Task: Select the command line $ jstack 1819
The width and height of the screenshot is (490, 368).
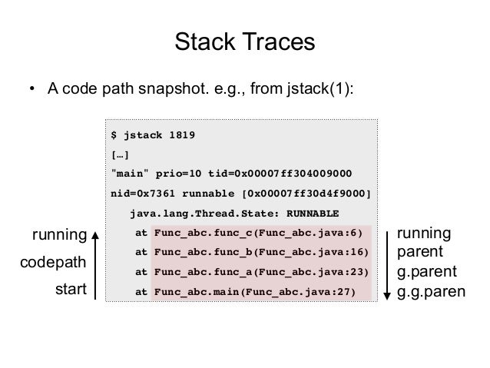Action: (x=154, y=136)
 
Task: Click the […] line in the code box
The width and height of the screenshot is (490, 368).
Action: (x=120, y=154)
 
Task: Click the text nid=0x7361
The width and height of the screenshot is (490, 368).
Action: (x=144, y=192)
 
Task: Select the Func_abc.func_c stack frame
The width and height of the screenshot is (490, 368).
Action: (x=260, y=233)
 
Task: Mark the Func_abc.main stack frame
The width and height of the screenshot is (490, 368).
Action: (x=256, y=292)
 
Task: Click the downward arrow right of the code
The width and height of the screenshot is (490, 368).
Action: (x=389, y=263)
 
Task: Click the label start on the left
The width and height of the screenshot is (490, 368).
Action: (x=70, y=290)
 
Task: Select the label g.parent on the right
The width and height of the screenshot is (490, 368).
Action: (x=425, y=271)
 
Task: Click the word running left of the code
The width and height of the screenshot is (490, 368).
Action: (x=58, y=234)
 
